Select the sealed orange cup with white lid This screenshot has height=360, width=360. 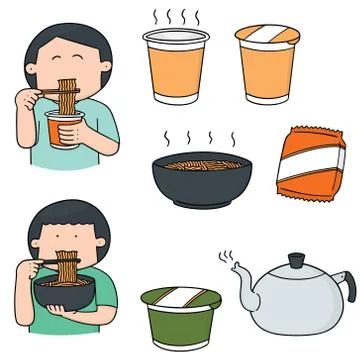267,68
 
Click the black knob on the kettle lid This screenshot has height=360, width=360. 295,259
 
